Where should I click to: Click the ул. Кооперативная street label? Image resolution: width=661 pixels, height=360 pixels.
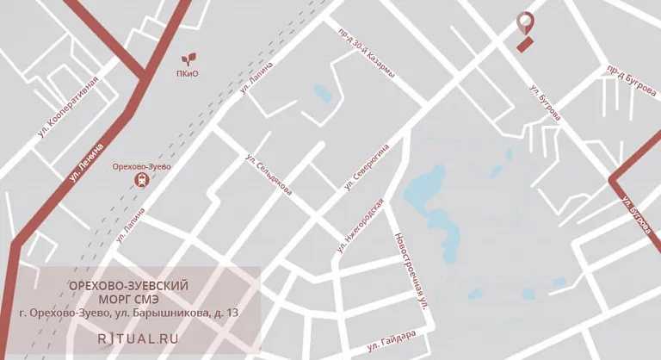[68, 108]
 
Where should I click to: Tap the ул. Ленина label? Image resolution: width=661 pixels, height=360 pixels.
[86, 163]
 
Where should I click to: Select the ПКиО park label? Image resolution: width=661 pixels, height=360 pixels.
[187, 73]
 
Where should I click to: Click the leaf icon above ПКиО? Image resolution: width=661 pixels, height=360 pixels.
[188, 59]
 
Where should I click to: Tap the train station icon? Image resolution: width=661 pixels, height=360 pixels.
[140, 180]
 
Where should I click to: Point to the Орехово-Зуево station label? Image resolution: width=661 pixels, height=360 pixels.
[142, 166]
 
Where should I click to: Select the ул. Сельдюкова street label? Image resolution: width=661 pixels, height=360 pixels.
[269, 174]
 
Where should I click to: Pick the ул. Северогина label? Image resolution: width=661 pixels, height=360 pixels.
[368, 166]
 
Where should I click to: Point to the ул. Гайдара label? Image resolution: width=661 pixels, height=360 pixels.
[392, 342]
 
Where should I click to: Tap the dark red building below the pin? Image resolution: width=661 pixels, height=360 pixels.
[526, 43]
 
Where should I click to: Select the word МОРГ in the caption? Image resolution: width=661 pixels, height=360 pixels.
[106, 299]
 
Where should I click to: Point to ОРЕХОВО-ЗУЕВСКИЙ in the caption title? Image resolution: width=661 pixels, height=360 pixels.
[127, 284]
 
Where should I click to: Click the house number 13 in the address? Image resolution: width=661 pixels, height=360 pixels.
[232, 313]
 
